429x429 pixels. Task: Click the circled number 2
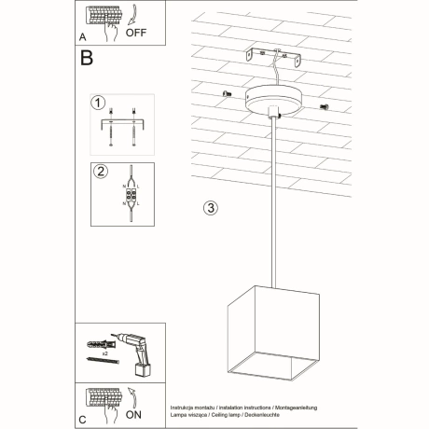click(98, 171)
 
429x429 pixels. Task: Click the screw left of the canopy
click(227, 92)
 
